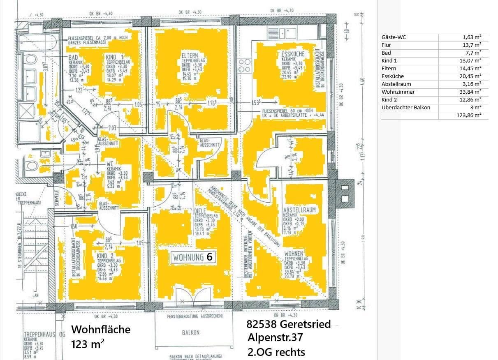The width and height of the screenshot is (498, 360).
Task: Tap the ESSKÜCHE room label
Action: point(292,54)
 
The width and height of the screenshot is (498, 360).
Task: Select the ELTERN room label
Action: point(190,55)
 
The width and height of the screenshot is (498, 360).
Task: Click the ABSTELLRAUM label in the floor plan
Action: point(299,210)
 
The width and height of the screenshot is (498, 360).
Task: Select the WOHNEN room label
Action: point(294,254)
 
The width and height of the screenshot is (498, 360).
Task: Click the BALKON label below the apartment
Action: point(190,332)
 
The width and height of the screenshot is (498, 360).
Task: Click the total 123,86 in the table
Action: point(464,115)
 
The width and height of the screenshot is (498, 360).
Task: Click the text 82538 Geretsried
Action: point(288,324)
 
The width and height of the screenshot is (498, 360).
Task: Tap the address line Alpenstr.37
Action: point(275,338)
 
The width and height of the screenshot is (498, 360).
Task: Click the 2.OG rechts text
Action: point(276,352)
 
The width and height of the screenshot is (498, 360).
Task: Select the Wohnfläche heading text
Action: point(101,330)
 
